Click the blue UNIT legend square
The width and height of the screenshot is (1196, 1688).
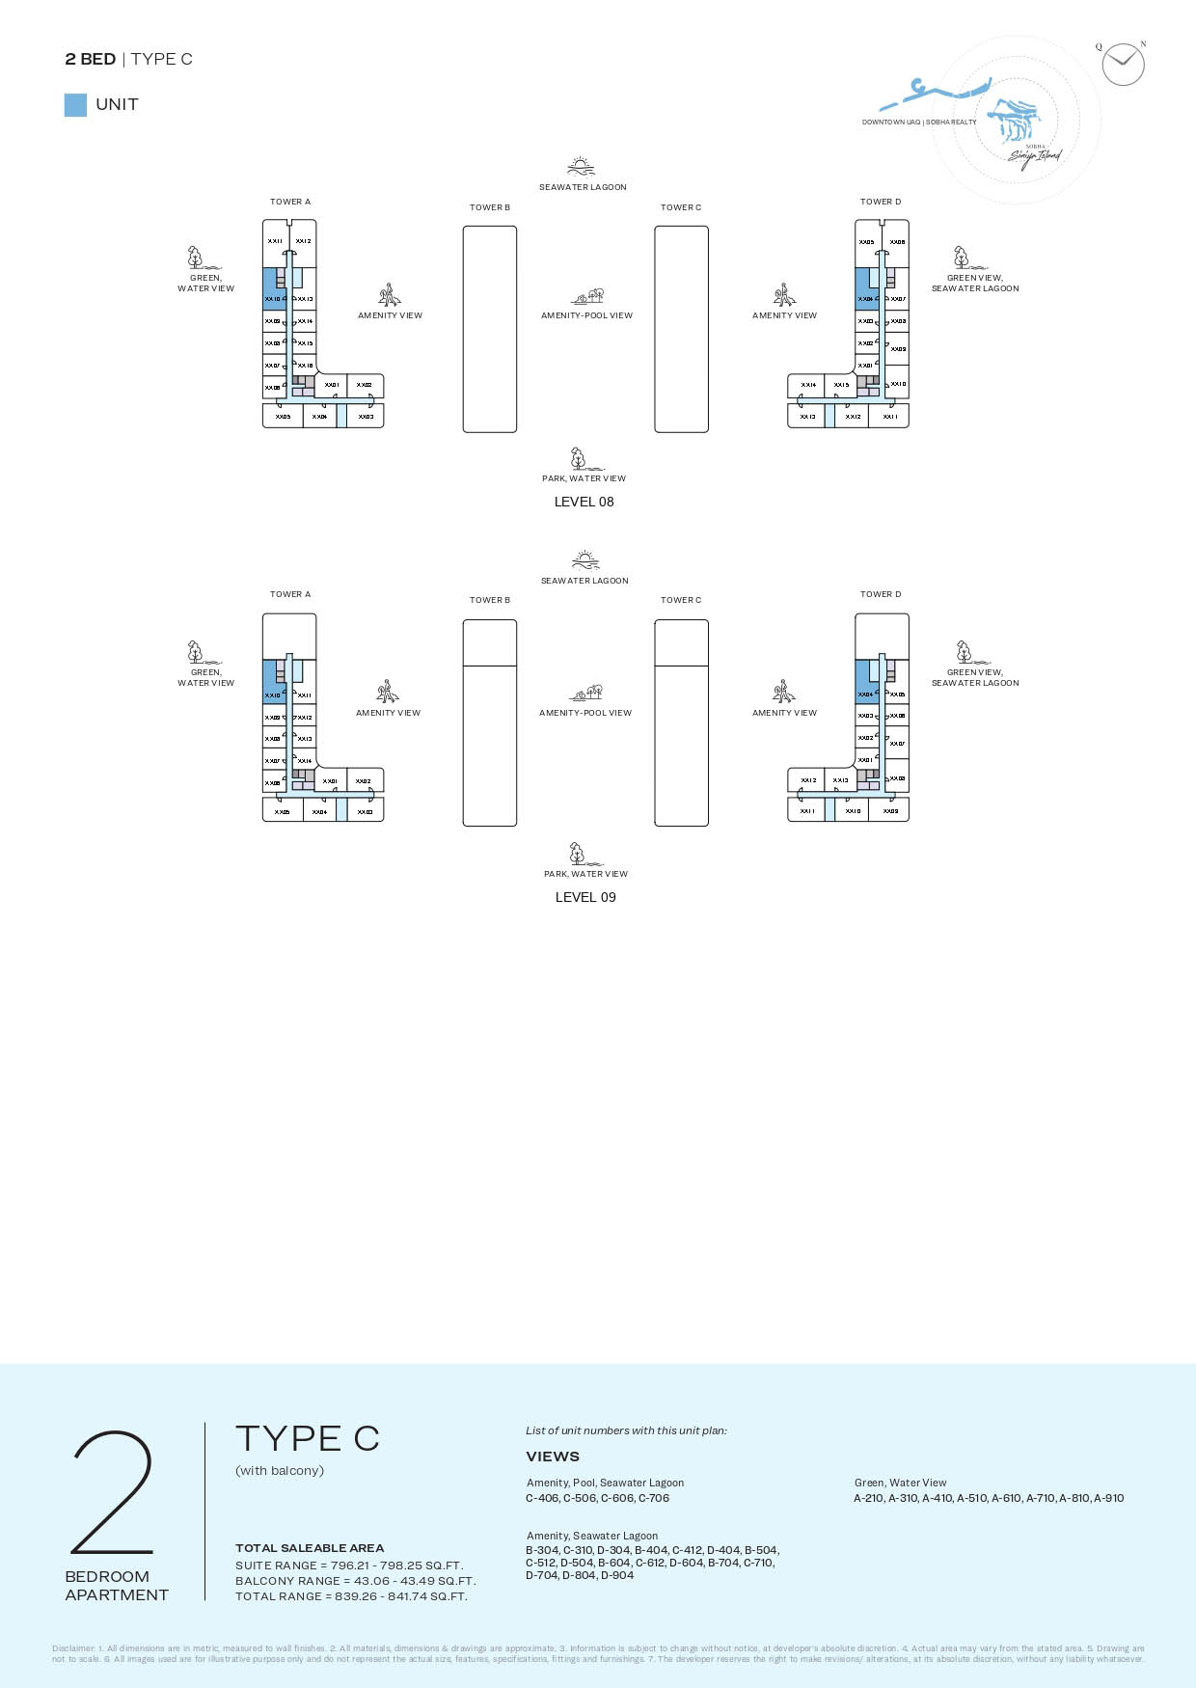[x=75, y=105]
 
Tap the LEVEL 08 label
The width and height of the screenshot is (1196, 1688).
[x=584, y=502]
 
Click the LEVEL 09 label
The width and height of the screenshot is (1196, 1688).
[x=585, y=897]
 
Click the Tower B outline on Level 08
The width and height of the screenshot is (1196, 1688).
[x=490, y=329]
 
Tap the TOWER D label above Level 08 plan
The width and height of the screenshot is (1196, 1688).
[x=881, y=202]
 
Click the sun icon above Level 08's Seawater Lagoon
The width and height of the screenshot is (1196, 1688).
[x=581, y=166]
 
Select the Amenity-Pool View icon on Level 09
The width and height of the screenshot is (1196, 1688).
[x=587, y=693]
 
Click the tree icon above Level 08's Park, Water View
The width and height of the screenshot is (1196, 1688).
[x=578, y=457]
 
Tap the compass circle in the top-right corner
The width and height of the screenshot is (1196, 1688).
[x=1123, y=65]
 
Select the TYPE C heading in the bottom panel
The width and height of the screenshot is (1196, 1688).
[x=308, y=1439]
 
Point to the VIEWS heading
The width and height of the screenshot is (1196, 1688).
[x=553, y=1457]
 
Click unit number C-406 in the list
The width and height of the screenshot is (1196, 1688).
[x=542, y=1498]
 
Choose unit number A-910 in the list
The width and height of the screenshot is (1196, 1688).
[x=1108, y=1498]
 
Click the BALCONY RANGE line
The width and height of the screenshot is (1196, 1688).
[x=355, y=1581]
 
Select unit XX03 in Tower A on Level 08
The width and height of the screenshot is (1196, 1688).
[x=366, y=417]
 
